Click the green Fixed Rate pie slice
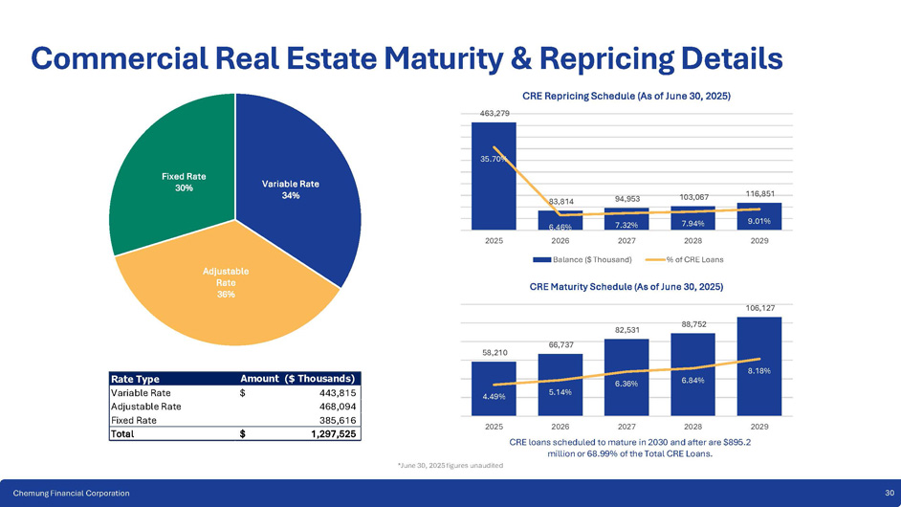pos(172,172)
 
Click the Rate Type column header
pos(134,378)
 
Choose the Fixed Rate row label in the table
pos(133,419)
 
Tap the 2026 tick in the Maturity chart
pos(560,426)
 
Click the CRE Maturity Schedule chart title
pos(626,287)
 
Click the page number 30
pos(889,492)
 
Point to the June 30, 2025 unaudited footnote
pos(450,465)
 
